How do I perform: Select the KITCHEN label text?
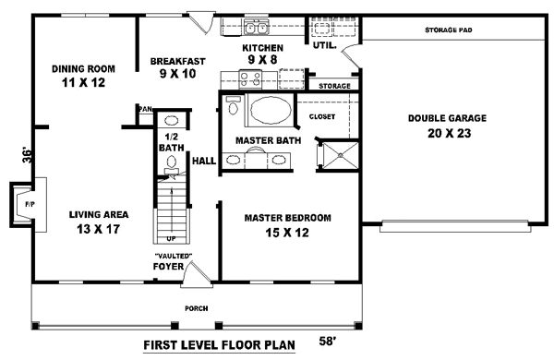pos(262,47)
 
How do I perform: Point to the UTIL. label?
pos(323,43)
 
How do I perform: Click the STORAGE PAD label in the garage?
pos(448,30)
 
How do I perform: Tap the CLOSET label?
pos(322,117)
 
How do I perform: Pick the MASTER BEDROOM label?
pos(288,218)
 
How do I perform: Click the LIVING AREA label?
pos(97,214)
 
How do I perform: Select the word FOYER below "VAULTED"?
pos(168,268)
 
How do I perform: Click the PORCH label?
pos(195,309)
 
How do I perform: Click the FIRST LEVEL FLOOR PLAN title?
pos(219,347)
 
